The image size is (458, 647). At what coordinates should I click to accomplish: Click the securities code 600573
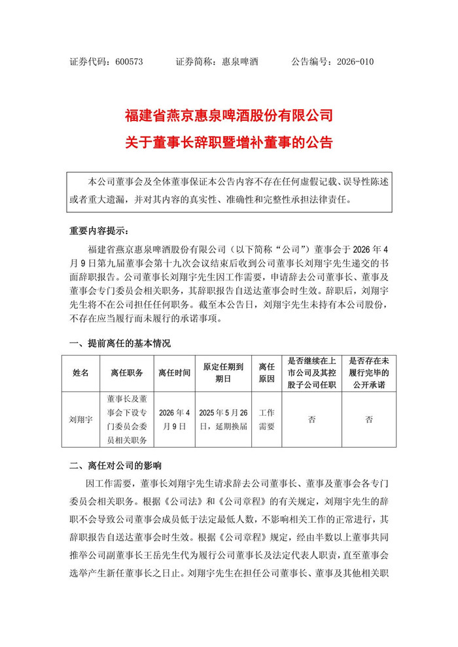click(128, 61)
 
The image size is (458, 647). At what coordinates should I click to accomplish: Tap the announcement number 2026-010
click(355, 61)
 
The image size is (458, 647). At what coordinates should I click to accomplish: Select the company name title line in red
click(228, 117)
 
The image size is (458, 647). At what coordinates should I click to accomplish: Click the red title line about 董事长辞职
click(228, 142)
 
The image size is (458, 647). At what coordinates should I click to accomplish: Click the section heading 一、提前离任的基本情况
click(120, 343)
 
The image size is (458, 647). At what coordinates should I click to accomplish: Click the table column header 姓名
click(80, 373)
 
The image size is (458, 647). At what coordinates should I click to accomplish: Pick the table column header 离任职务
click(126, 373)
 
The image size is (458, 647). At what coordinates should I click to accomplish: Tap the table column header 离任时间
click(174, 373)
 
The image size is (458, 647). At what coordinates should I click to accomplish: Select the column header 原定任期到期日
click(223, 373)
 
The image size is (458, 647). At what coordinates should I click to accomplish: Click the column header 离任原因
click(266, 373)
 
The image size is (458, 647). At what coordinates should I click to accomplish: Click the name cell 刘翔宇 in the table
click(80, 419)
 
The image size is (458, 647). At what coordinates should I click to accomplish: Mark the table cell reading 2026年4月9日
click(174, 419)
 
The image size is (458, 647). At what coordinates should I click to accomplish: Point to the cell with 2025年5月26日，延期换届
click(223, 419)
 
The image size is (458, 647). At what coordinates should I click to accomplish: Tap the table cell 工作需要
click(266, 419)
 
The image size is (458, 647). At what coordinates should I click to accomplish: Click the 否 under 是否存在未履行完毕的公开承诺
click(369, 419)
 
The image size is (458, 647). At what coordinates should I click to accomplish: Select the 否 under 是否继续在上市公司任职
click(312, 419)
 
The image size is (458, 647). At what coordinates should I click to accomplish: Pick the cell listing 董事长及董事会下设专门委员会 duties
click(126, 419)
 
